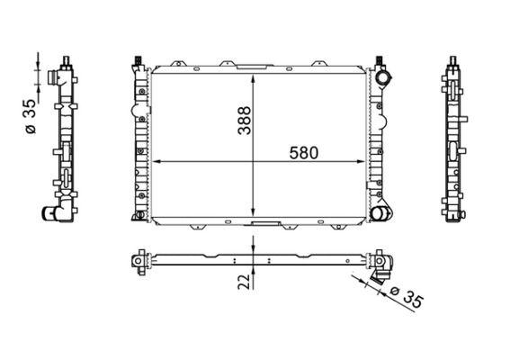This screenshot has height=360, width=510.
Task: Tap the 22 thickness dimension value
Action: (x=244, y=283)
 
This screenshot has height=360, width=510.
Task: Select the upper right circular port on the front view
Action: (x=384, y=78)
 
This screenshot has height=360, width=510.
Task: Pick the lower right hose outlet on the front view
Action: (x=382, y=213)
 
